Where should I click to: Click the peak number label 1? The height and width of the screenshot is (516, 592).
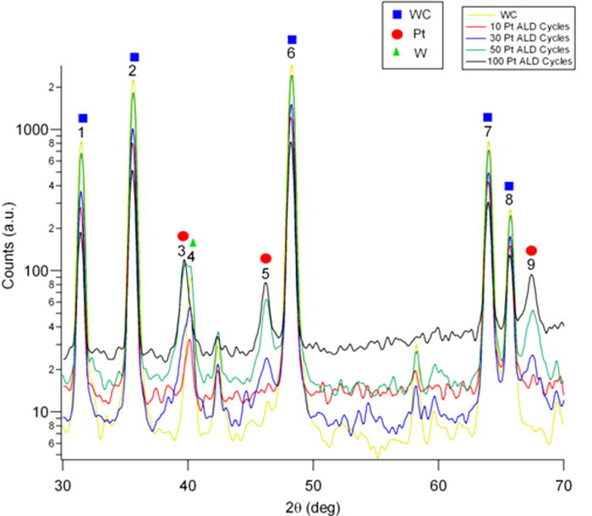(81, 133)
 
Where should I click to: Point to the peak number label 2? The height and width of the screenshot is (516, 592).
(133, 71)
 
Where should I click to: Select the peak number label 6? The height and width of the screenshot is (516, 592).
(292, 54)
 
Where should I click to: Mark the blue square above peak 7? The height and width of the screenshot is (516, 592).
(487, 118)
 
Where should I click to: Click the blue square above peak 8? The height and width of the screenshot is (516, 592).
(508, 186)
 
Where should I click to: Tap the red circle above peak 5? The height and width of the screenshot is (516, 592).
(266, 258)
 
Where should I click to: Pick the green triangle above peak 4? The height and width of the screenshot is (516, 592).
(193, 243)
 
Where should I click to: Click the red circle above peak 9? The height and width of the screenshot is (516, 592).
(531, 250)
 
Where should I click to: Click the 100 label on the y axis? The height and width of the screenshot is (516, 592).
(44, 271)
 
